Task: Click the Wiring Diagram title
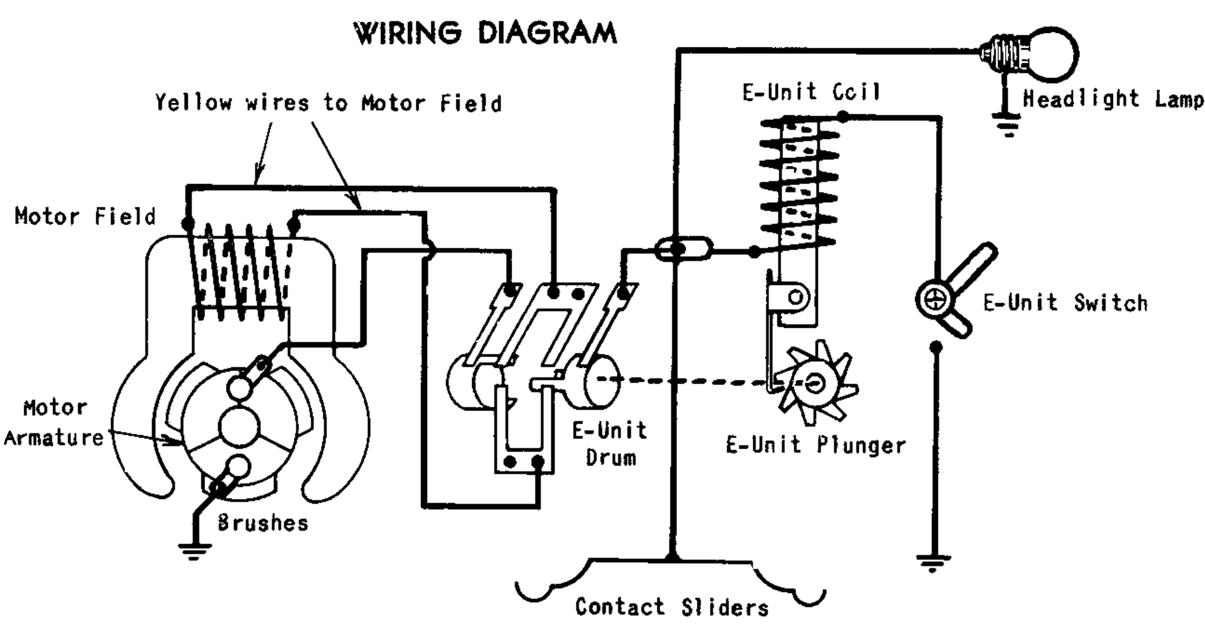click(485, 33)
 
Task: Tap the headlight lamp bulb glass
click(1050, 55)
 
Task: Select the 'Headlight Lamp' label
click(1112, 100)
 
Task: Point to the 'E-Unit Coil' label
click(812, 93)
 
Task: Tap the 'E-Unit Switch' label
click(1065, 303)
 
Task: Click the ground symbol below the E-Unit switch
click(933, 562)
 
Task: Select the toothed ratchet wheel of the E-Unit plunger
click(815, 382)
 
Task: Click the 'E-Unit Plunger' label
click(815, 445)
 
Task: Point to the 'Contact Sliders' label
click(671, 607)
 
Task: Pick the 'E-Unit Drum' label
click(610, 444)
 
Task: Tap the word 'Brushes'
click(263, 523)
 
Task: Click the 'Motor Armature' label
click(54, 422)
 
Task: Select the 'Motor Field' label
click(85, 217)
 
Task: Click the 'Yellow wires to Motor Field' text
click(328, 103)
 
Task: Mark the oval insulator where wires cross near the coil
click(683, 248)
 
